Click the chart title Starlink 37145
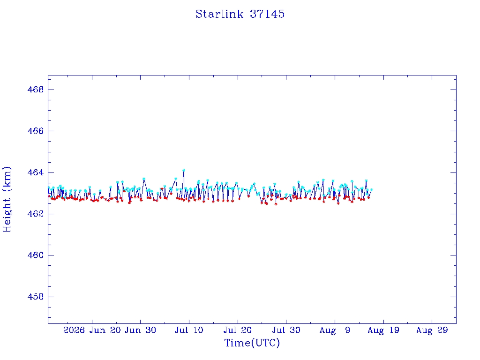click(240, 14)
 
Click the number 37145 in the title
click(267, 14)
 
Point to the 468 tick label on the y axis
click(36, 90)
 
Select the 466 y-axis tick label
click(36, 131)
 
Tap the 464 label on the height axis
click(36, 172)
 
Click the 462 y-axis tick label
click(36, 214)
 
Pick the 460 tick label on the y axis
click(36, 255)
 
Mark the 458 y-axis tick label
click(36, 297)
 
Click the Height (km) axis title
click(7, 199)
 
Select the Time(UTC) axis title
click(252, 343)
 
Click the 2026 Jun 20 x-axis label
click(92, 330)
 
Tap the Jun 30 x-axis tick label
click(141, 330)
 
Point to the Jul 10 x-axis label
click(189, 330)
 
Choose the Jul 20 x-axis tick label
click(238, 330)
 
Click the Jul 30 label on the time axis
click(286, 330)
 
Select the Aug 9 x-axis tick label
click(335, 330)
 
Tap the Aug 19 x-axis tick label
click(383, 330)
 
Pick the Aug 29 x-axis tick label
click(432, 330)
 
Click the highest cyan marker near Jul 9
click(184, 170)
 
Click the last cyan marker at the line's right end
click(372, 190)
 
